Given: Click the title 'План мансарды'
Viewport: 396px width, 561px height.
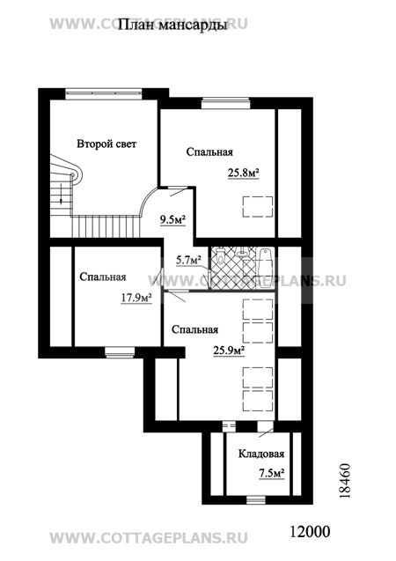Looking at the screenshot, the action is [172, 26].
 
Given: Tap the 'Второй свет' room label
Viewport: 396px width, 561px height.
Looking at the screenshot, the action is [106, 144].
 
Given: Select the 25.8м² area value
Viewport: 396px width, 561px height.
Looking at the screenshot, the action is [244, 173].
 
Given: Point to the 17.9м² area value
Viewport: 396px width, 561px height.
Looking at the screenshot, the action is [136, 298].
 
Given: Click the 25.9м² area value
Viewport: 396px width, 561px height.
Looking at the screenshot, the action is [229, 351].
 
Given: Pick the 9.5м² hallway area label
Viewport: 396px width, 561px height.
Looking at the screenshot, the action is [172, 219].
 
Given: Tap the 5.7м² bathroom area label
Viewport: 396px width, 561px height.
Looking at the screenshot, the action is [188, 260].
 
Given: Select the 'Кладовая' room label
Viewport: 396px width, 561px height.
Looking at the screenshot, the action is [261, 454].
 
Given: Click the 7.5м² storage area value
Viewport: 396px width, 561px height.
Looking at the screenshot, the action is [272, 473].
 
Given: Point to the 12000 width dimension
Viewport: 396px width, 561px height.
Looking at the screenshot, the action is [310, 532].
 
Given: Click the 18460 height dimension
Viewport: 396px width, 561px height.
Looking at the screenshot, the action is [344, 481].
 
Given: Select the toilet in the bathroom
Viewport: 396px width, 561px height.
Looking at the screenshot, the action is [219, 255].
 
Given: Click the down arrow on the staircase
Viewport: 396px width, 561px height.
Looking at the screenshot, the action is [61, 194].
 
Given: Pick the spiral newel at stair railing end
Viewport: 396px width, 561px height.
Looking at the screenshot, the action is [73, 175].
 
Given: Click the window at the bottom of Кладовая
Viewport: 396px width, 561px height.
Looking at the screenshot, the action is [256, 499].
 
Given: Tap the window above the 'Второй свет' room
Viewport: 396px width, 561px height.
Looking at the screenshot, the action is [104, 93].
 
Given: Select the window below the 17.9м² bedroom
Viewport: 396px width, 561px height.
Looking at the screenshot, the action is [120, 352].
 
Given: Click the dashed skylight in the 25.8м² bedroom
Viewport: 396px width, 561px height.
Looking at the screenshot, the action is [258, 207].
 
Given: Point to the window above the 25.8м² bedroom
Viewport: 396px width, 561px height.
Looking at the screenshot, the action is [225, 103].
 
